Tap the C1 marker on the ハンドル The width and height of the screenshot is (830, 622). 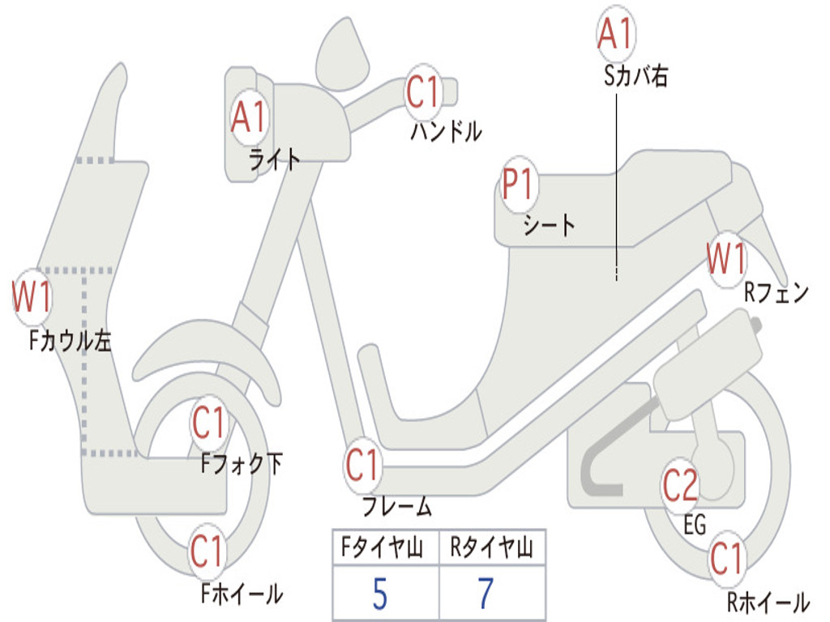coord(421,92)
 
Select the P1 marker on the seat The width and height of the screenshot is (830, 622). coord(516,185)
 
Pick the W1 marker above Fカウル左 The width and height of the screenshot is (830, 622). coord(32,297)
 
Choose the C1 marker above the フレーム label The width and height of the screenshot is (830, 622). coord(362,466)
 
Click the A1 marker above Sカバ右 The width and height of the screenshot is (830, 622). coord(614,35)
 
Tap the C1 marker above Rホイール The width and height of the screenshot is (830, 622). coord(725,559)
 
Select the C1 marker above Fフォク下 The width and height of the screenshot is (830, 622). coord(209,422)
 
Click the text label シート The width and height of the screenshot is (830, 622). coord(549,224)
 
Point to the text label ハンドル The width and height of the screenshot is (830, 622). coord(446,131)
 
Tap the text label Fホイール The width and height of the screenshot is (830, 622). coord(242,594)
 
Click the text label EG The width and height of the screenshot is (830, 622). coord(695,525)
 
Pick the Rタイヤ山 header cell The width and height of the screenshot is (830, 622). coord(491,548)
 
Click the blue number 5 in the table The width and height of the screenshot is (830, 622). coord(379,594)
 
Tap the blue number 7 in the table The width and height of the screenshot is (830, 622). coord(486,594)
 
